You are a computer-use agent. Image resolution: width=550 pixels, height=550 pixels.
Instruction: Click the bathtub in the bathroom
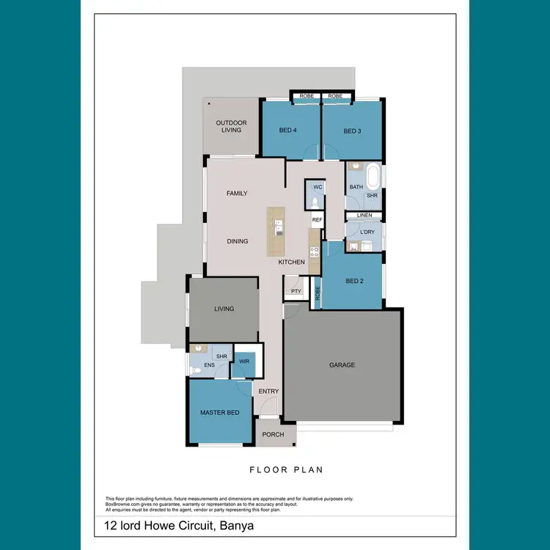(373, 177)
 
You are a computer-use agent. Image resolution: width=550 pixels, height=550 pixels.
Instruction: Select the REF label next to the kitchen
(317, 220)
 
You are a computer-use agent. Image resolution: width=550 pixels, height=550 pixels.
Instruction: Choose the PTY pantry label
(296, 291)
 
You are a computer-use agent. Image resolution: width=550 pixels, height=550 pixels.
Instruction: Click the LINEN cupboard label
(364, 216)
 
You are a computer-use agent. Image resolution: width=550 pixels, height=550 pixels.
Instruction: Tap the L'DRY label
(367, 232)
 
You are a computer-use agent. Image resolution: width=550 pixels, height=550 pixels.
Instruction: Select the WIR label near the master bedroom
(244, 362)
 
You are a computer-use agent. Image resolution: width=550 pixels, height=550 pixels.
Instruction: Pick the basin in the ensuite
(196, 348)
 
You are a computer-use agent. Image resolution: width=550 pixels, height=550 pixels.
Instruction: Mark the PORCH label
(273, 435)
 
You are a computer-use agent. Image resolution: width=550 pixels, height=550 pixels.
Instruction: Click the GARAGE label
(342, 365)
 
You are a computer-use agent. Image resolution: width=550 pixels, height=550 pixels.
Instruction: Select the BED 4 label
(288, 131)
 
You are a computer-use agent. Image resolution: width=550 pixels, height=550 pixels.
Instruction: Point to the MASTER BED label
(220, 413)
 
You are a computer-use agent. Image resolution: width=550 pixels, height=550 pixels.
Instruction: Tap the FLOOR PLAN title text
(286, 470)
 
